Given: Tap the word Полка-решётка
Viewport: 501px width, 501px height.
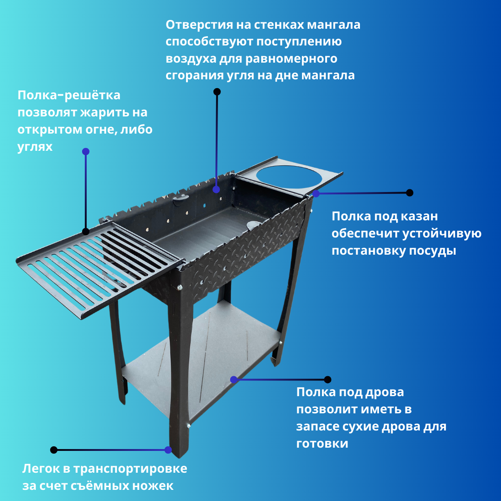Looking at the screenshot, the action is tap(69, 95).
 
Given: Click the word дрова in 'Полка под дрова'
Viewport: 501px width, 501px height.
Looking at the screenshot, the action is tap(383, 392).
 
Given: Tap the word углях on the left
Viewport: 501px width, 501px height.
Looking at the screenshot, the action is tap(35, 147).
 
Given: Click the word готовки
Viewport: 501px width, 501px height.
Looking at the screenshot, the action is tap(322, 443).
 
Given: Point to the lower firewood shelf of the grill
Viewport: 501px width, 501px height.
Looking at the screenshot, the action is tap(199, 362).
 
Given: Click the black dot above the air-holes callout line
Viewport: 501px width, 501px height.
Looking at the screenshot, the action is tap(217, 91).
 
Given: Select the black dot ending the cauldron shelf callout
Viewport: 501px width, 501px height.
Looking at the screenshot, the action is tap(410, 193).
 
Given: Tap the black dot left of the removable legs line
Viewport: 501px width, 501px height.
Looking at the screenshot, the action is tap(54, 450).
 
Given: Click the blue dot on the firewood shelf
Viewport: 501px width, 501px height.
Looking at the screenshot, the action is tap(234, 379).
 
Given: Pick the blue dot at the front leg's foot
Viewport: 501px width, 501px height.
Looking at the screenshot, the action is tap(168, 450).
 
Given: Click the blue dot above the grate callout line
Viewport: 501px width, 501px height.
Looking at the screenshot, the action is tap(86, 151).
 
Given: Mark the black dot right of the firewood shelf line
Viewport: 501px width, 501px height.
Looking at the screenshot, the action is tap(328, 379).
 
